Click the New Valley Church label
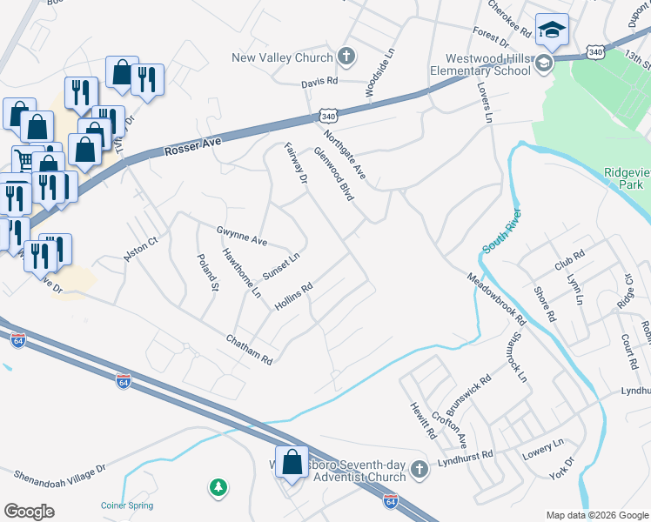tap(282, 58)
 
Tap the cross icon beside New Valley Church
tap(346, 58)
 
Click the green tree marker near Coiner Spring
tap(218, 488)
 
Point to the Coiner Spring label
tap(126, 505)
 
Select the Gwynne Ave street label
tap(242, 235)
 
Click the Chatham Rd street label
tap(250, 350)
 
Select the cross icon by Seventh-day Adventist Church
tap(419, 470)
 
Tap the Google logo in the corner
tap(29, 512)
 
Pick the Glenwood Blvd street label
tap(334, 173)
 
